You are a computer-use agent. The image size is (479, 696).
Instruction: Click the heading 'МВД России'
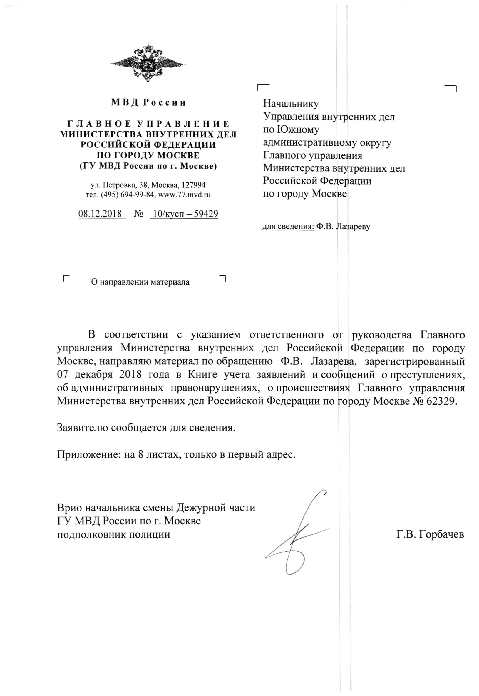pyautogui.click(x=149, y=103)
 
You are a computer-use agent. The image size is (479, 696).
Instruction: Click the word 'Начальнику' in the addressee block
pyautogui.click(x=291, y=103)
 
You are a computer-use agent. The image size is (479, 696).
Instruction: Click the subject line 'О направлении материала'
pyautogui.click(x=140, y=282)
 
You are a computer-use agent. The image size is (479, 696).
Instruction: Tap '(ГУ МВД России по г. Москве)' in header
pyautogui.click(x=148, y=166)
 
